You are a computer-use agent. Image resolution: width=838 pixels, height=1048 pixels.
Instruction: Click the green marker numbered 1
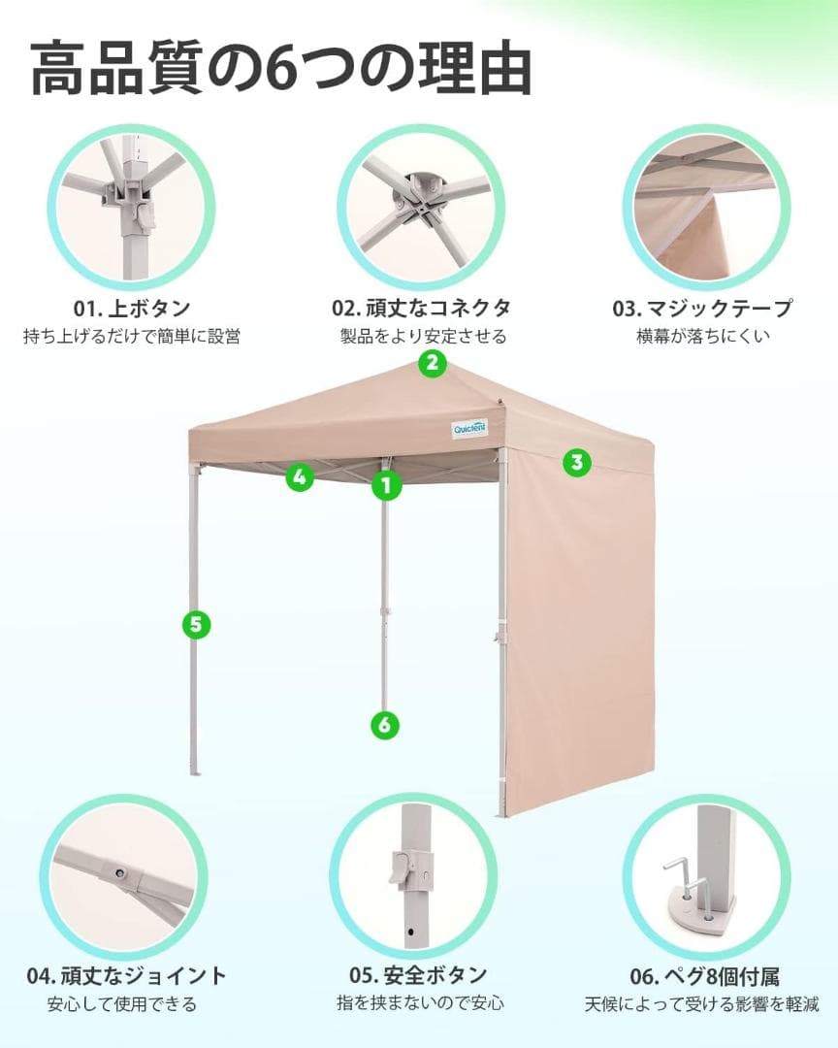click(386, 484)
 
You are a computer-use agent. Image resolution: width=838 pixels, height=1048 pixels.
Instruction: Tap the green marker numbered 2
click(432, 364)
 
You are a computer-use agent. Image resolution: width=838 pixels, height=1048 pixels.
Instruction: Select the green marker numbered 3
click(577, 462)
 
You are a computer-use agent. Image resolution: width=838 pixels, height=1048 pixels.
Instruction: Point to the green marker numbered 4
click(300, 476)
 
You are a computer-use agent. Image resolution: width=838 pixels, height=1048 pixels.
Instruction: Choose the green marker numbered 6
click(385, 724)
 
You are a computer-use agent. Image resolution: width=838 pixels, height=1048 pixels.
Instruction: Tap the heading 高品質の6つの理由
click(282, 68)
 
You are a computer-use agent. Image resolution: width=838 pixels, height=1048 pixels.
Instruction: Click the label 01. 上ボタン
click(132, 309)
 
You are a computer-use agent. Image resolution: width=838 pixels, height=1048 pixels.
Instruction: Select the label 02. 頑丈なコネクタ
click(421, 309)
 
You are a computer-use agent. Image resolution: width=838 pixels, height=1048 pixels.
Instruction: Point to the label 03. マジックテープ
click(702, 309)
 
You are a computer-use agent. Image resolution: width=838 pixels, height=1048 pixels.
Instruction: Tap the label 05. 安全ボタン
click(418, 975)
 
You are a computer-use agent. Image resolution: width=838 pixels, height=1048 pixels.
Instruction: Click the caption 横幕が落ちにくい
click(703, 337)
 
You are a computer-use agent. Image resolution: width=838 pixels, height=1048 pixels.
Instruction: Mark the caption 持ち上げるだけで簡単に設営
click(132, 337)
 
